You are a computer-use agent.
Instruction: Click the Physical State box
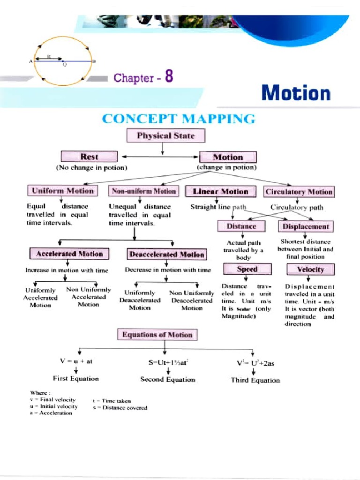pos(165,136)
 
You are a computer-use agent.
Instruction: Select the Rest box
pos(89,157)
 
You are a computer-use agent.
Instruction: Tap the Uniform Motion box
pos(62,191)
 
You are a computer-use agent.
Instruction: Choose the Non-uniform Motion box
pos(143,191)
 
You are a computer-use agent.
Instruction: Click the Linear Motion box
pos(221,191)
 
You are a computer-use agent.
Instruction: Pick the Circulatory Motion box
pos(299,191)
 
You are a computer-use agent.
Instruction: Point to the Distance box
pos(241,226)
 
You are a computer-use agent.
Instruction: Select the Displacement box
pos(306,226)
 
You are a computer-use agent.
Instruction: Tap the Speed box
pos(247,269)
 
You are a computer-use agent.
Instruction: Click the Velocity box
pos(310,270)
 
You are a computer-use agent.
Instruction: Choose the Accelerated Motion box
pos(69,254)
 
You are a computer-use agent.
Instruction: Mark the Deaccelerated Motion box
pos(166,255)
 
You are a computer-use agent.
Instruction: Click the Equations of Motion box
pos(157,335)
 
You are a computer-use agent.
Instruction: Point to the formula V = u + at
pos(76,361)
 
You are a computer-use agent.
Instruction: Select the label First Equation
pos(76,378)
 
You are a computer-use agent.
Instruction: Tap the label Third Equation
pos(255,380)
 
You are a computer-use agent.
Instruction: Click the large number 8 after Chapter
pos(168,76)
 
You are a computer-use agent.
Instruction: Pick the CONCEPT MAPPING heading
pos(179,119)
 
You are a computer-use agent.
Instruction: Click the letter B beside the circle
pos(94,61)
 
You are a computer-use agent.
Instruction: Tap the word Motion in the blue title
pos(296,93)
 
